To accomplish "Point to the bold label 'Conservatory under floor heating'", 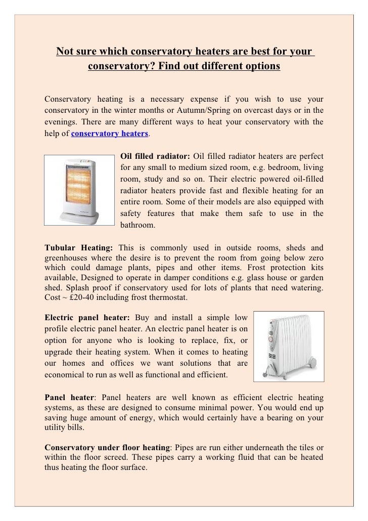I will pyautogui.click(x=108, y=447).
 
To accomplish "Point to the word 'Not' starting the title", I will pyautogui.click(x=64, y=52).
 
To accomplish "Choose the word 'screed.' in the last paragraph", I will pyautogui.click(x=123, y=457).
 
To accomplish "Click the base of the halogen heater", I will pyautogui.click(x=80, y=218).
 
